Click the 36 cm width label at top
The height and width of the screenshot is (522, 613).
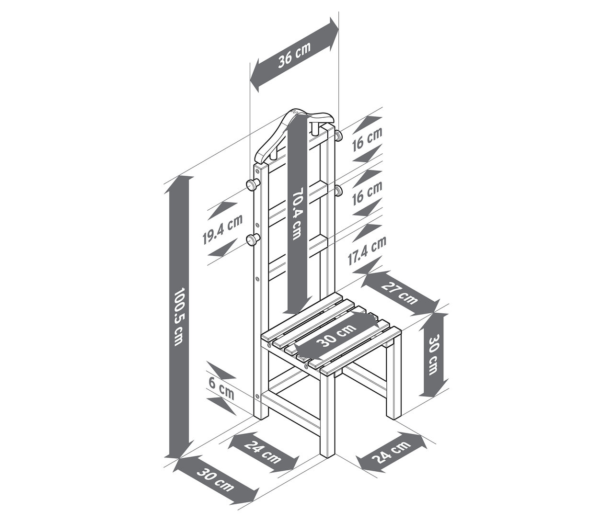[x=294, y=54]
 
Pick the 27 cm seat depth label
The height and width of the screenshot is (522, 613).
[x=399, y=294]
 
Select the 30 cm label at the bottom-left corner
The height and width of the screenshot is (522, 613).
[x=216, y=485]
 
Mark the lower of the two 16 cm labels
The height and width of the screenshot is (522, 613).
[x=368, y=193]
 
